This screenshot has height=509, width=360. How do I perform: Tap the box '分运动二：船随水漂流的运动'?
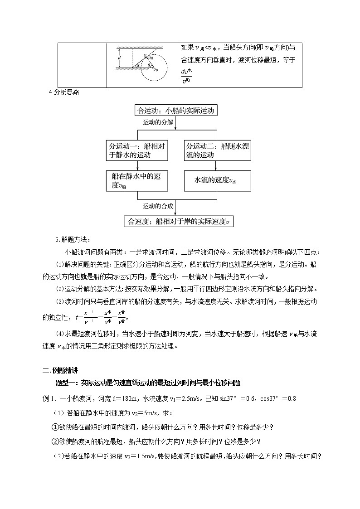pyautogui.click(x=218, y=150)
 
